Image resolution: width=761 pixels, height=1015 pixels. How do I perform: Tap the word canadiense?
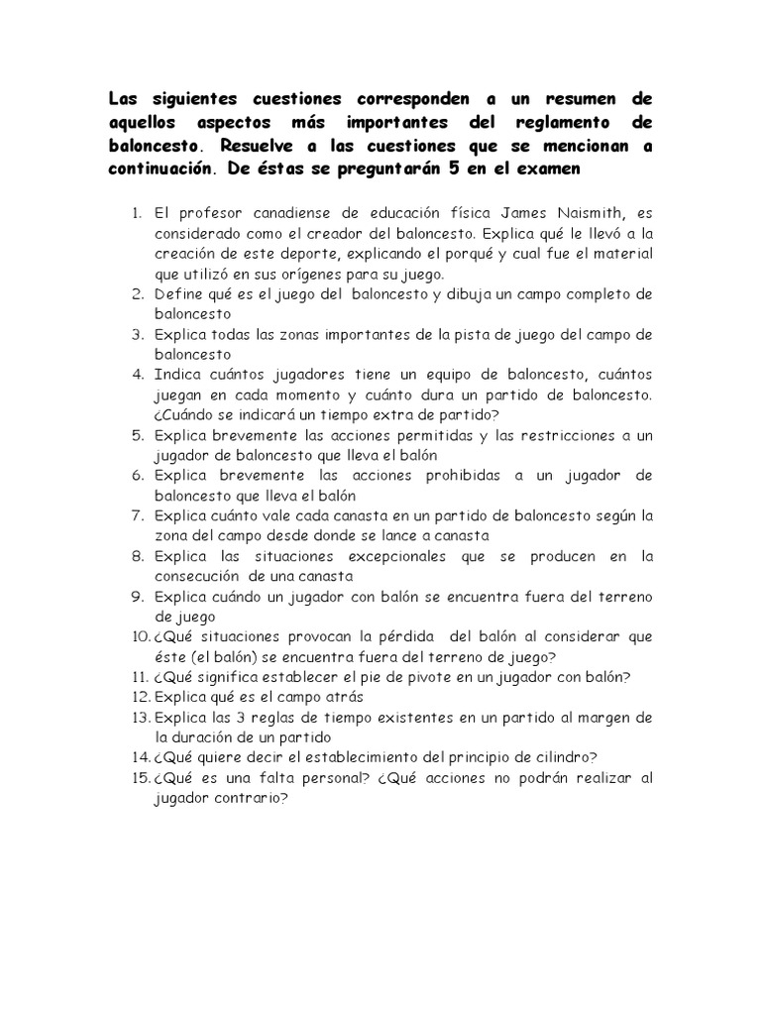[x=260, y=213]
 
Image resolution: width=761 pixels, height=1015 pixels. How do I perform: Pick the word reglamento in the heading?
[x=567, y=122]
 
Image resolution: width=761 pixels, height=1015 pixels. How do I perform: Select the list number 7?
[x=137, y=515]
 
